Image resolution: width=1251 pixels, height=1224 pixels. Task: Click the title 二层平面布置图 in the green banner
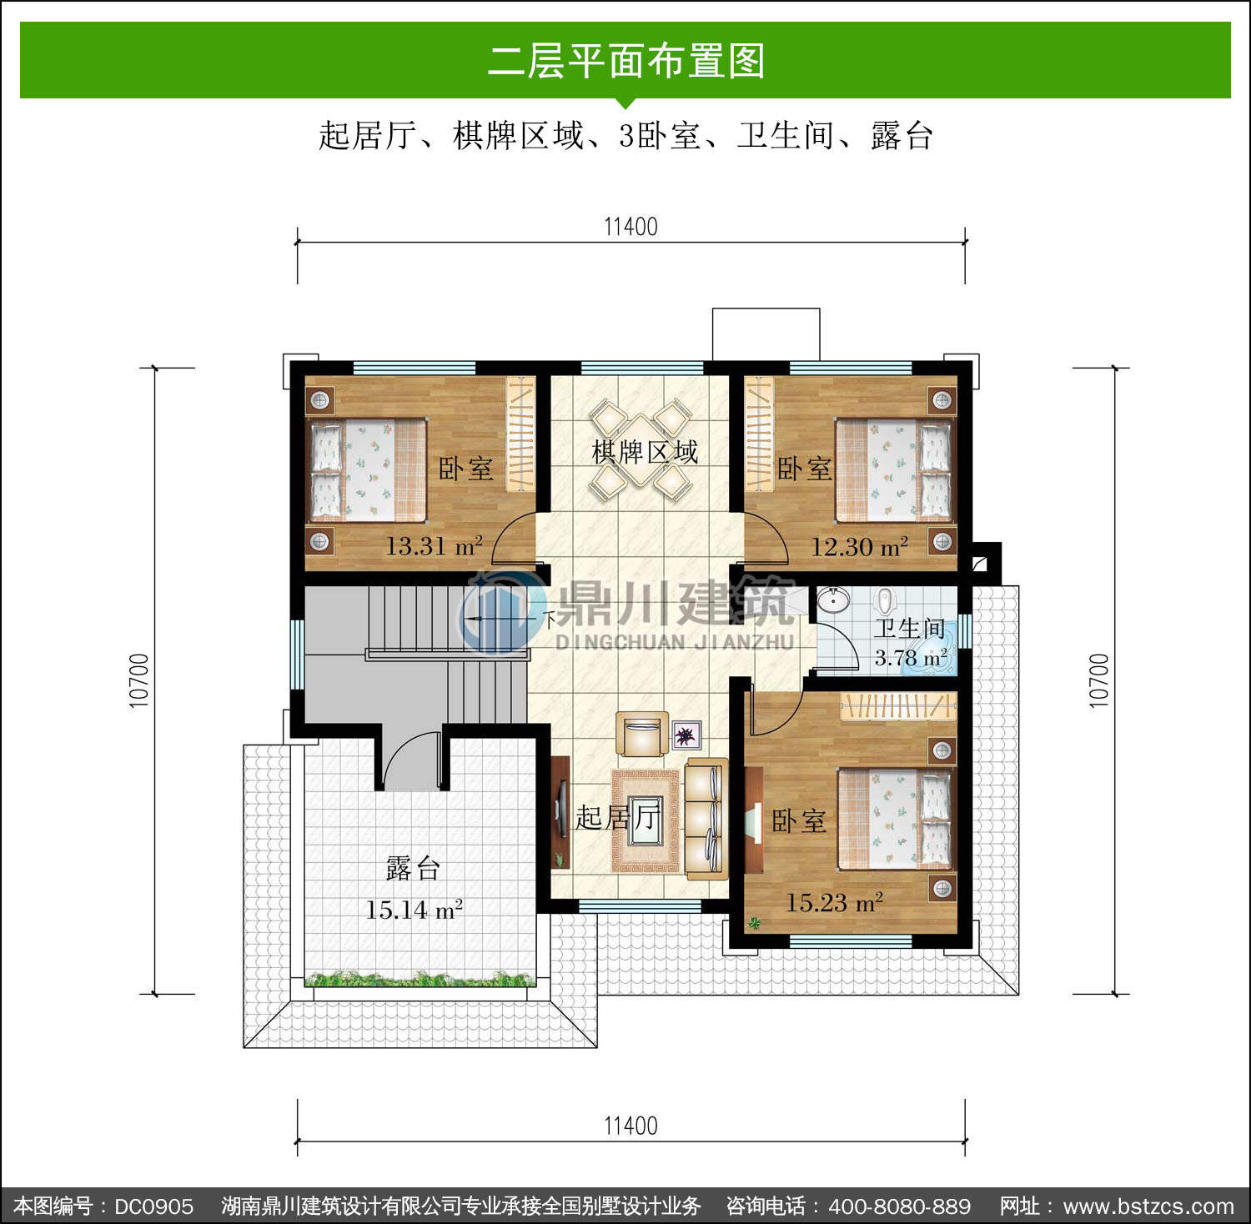625,61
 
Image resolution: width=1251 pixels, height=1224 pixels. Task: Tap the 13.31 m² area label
434,546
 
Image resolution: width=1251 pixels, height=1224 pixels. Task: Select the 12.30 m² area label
860,547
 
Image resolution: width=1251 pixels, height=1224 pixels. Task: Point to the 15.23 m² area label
835,902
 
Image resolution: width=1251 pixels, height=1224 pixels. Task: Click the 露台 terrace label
413,869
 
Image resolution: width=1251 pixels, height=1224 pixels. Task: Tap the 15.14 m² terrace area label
414,909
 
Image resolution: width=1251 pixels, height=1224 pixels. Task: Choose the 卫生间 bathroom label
910,629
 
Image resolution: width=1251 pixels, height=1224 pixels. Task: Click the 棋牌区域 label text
645,452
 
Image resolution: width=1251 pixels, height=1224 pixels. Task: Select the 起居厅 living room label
618,817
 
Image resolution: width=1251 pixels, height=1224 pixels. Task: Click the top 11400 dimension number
631,227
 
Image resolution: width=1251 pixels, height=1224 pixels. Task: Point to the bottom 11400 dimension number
631,1126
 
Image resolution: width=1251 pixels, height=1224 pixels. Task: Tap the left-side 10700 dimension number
139,681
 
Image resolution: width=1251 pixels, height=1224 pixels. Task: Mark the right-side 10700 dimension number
1099,681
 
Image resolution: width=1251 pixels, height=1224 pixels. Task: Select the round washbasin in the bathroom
833,599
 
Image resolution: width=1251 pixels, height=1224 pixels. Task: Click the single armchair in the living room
641,735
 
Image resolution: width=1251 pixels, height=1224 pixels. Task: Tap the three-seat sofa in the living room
706,820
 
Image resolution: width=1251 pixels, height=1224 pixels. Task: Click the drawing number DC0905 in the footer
153,1206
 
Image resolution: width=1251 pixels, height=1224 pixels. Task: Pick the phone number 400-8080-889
899,1206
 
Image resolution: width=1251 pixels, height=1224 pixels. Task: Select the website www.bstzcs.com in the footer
1148,1206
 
